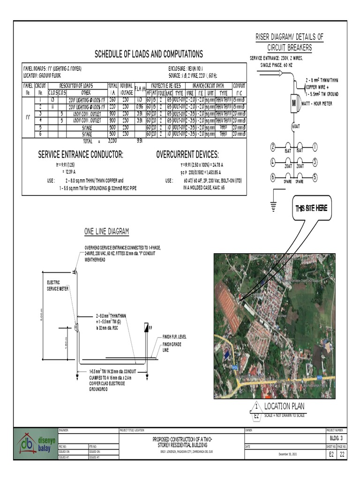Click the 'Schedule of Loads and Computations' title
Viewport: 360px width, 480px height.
point(149,54)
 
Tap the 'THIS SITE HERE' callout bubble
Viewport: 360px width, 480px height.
point(311,208)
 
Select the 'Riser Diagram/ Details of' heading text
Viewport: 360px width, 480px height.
point(289,37)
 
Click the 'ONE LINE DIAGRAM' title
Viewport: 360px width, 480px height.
point(106,232)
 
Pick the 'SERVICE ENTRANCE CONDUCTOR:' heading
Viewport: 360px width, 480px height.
point(82,155)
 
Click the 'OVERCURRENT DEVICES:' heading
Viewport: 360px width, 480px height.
point(187,155)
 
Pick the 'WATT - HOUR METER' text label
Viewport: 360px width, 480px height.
point(317,104)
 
